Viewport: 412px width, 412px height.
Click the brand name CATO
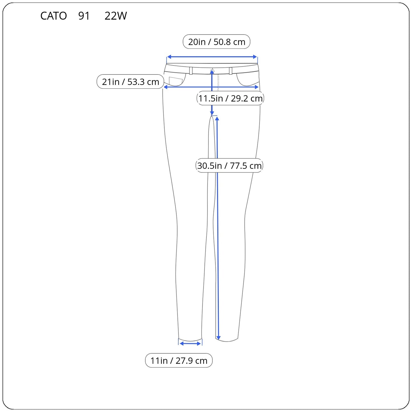click(x=53, y=16)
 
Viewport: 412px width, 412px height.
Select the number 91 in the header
click(x=84, y=16)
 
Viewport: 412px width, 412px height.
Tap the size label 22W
click(x=116, y=16)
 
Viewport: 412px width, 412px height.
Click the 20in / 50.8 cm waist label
click(x=216, y=42)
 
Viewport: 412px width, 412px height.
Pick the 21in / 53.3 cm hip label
click(x=130, y=82)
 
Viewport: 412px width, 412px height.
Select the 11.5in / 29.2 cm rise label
click(x=230, y=98)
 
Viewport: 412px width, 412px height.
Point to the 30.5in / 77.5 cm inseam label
click(x=229, y=165)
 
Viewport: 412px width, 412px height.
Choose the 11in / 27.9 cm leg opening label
click(x=179, y=360)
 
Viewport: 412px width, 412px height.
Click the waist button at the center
click(x=212, y=70)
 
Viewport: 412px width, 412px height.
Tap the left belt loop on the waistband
click(x=191, y=71)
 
